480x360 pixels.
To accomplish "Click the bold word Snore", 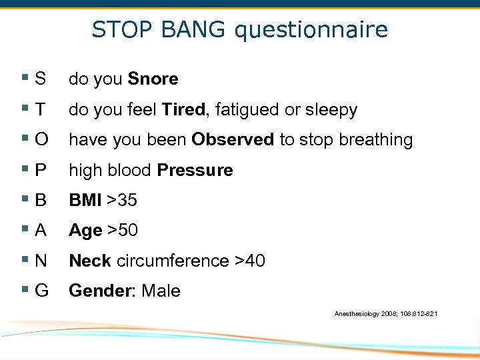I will pyautogui.click(x=153, y=79).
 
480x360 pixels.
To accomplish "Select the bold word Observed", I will pyautogui.click(x=233, y=140).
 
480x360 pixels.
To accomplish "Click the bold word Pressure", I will pyautogui.click(x=195, y=171).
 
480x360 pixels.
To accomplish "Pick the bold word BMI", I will pyautogui.click(x=85, y=201).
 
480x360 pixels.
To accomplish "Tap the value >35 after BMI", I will pyautogui.click(x=121, y=201).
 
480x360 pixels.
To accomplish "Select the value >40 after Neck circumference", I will pyautogui.click(x=250, y=261).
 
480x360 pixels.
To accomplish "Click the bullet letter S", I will pyautogui.click(x=41, y=79).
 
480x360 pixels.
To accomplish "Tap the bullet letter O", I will pyautogui.click(x=41, y=140).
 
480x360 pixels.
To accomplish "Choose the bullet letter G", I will pyautogui.click(x=41, y=291).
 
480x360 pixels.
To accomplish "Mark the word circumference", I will pyautogui.click(x=173, y=261).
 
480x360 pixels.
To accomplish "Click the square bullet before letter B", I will pyautogui.click(x=25, y=201).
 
